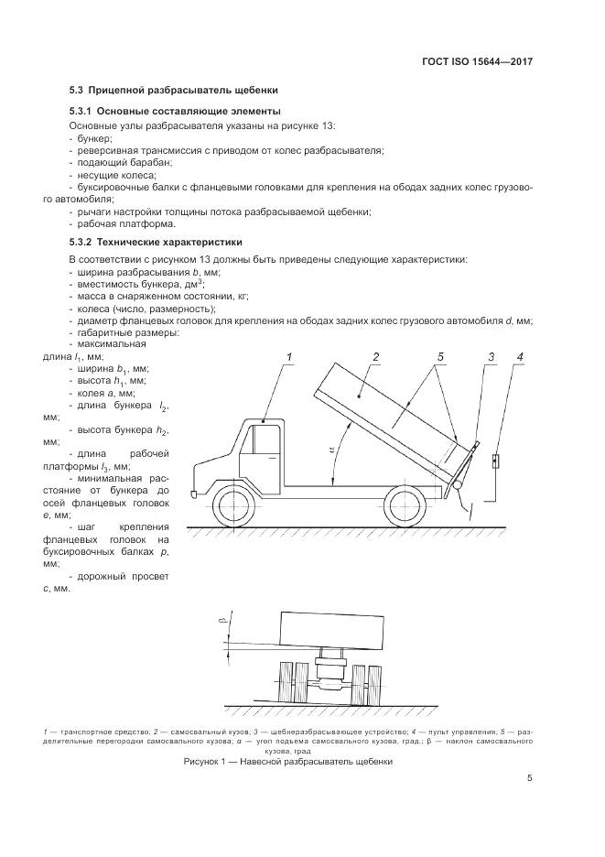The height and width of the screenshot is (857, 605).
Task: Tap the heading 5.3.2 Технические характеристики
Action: click(x=155, y=243)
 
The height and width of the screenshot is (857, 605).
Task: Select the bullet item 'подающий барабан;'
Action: click(x=120, y=162)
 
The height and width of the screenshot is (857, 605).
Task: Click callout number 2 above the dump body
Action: click(x=375, y=355)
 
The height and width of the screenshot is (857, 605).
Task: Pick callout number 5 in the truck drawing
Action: click(x=439, y=355)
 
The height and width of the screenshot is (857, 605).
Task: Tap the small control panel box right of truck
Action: click(x=495, y=460)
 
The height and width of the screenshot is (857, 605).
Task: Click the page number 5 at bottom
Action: click(x=529, y=778)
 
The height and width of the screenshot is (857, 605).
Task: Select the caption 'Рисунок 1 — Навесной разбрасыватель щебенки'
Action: click(x=287, y=761)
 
